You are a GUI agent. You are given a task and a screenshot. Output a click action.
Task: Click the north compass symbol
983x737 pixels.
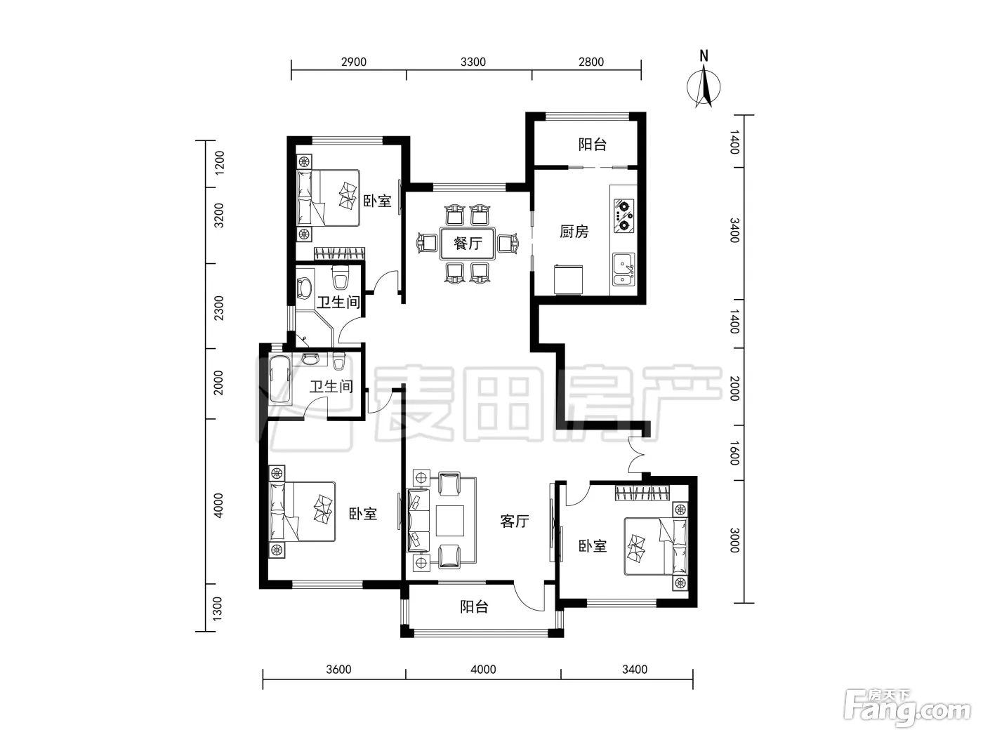pyautogui.click(x=704, y=85)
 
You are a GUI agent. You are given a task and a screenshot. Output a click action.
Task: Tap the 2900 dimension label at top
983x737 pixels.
pyautogui.click(x=354, y=62)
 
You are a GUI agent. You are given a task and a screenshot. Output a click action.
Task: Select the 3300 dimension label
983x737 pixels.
pyautogui.click(x=473, y=62)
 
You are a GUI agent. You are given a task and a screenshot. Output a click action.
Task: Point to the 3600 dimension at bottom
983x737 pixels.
pyautogui.click(x=338, y=670)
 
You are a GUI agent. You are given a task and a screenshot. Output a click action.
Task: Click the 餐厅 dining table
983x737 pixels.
pyautogui.click(x=468, y=243)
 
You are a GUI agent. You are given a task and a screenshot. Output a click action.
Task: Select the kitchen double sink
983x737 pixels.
pyautogui.click(x=624, y=269)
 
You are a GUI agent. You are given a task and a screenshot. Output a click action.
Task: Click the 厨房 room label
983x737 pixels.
pyautogui.click(x=574, y=232)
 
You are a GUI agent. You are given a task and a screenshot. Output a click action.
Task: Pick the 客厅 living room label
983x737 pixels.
pyautogui.click(x=515, y=521)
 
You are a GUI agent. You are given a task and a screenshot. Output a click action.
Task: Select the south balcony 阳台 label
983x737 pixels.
pyautogui.click(x=474, y=606)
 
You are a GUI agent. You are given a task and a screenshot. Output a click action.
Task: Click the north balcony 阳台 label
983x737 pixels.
pyautogui.click(x=592, y=144)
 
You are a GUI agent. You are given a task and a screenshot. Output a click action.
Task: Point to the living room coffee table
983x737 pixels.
pyautogui.click(x=449, y=520)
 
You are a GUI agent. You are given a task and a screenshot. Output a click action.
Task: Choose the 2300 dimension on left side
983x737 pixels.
pyautogui.click(x=218, y=308)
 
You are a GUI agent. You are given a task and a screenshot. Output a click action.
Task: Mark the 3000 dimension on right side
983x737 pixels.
pyautogui.click(x=734, y=540)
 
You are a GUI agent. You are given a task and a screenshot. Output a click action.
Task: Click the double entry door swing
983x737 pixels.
pyautogui.click(x=636, y=455)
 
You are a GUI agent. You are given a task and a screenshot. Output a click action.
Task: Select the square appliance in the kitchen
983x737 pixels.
pyautogui.click(x=569, y=279)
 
